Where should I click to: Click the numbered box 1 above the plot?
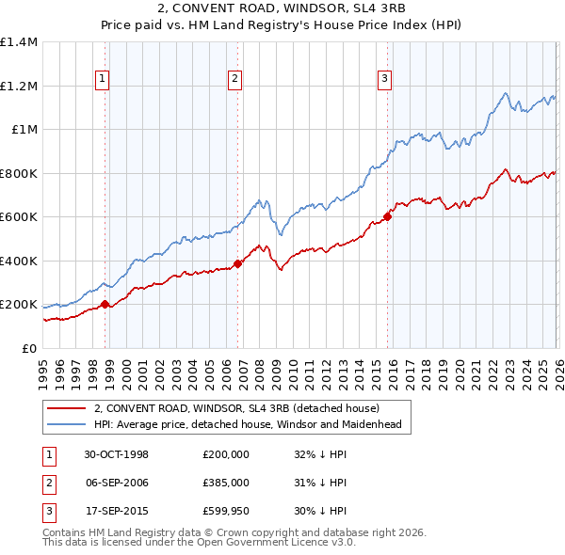point(102,79)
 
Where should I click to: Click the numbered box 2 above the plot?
point(234,79)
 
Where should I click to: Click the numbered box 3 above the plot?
point(385,79)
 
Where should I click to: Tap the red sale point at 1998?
point(105,304)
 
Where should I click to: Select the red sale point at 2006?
point(237,263)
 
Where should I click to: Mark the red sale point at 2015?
point(387,216)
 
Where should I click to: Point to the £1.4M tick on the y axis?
point(19,42)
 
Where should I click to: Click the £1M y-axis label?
point(24,130)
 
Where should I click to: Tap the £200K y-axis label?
point(19,305)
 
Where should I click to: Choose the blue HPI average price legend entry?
point(248,424)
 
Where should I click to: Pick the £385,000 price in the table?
point(225,482)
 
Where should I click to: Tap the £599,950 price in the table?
point(225,510)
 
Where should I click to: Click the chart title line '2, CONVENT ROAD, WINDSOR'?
point(282,10)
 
